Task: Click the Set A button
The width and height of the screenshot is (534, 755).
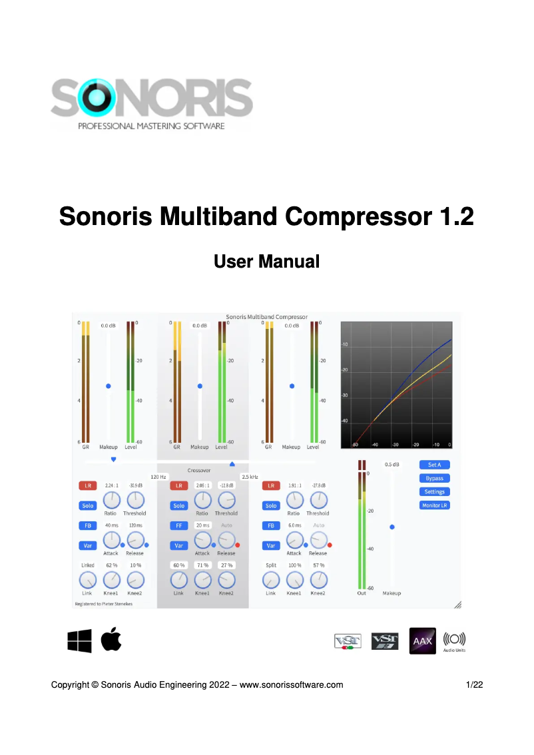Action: pyautogui.click(x=434, y=465)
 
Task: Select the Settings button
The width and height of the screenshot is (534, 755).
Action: pyautogui.click(x=434, y=492)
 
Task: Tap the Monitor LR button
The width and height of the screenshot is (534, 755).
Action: pyautogui.click(x=434, y=505)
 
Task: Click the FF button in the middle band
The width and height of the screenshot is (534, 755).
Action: pyautogui.click(x=179, y=525)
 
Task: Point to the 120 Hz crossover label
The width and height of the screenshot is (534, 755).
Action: pyautogui.click(x=158, y=477)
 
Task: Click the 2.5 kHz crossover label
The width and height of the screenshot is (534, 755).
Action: pyautogui.click(x=250, y=477)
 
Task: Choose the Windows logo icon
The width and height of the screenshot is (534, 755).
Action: pyautogui.click(x=79, y=641)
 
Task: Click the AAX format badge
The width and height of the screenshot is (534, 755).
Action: pyautogui.click(x=422, y=641)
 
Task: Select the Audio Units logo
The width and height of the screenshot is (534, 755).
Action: pyautogui.click(x=455, y=640)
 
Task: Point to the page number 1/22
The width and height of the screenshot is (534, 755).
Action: pyautogui.click(x=473, y=684)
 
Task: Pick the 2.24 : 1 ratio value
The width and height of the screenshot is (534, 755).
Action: pyautogui.click(x=111, y=485)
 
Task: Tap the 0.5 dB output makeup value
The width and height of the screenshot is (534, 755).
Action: pyautogui.click(x=392, y=465)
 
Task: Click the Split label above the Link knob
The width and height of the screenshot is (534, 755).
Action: pyautogui.click(x=270, y=565)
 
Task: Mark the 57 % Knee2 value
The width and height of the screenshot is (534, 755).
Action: pyautogui.click(x=318, y=565)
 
